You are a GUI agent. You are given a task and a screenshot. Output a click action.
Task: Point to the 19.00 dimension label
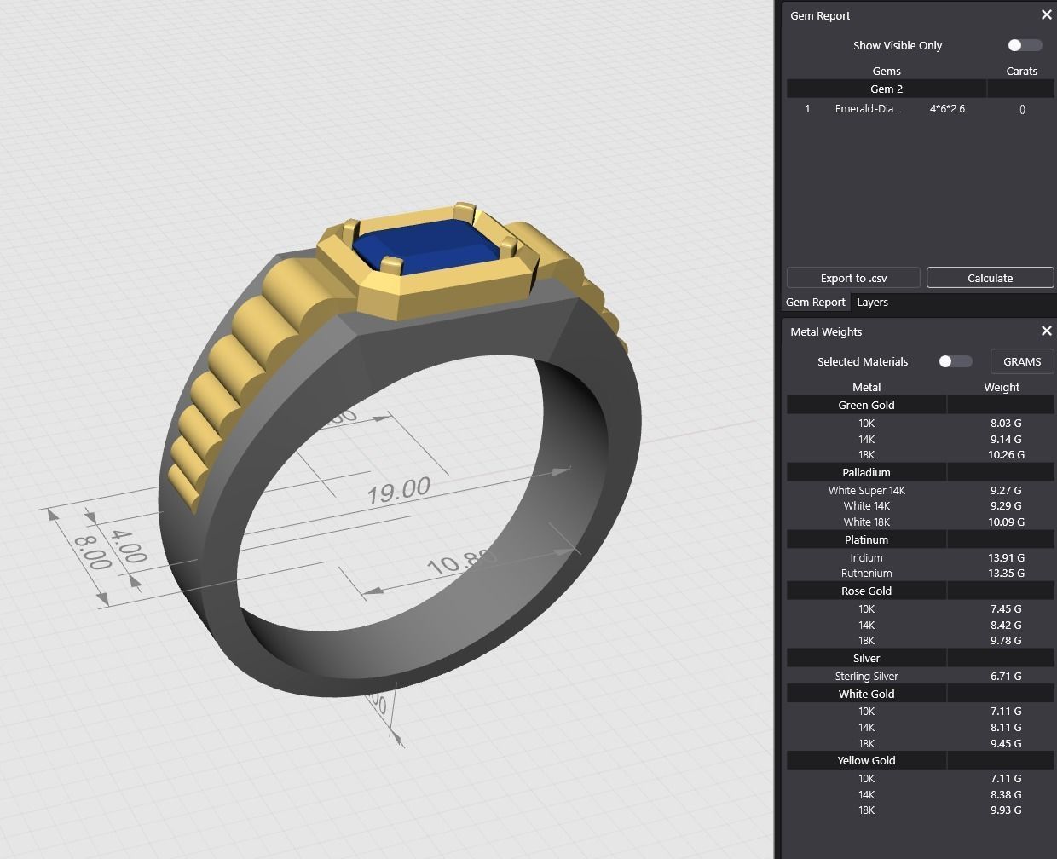[398, 490]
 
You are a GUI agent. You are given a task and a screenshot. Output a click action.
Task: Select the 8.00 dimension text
[91, 552]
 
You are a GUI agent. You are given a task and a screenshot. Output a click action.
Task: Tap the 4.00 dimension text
[128, 547]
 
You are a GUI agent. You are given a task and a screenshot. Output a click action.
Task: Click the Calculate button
[990, 278]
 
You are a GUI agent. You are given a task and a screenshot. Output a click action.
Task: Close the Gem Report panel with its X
[1046, 14]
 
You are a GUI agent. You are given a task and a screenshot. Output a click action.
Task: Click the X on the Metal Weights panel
[1046, 331]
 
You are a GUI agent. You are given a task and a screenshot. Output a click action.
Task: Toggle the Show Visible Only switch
[1024, 45]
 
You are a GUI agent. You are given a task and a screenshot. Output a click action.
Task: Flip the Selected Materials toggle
[955, 361]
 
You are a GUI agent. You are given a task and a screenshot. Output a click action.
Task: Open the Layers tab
[872, 303]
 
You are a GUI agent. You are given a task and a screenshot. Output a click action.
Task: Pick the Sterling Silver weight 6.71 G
[1005, 676]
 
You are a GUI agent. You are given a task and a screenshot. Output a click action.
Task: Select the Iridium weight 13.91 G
[1006, 557]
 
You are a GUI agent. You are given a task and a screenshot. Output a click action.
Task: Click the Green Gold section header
[866, 406]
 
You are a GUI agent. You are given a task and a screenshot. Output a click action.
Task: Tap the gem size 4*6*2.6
[947, 109]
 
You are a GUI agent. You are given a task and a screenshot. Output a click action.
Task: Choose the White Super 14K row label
[866, 490]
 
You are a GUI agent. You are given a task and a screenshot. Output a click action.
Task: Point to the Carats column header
[1021, 72]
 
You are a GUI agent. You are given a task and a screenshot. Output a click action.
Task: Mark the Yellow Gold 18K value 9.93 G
[1005, 810]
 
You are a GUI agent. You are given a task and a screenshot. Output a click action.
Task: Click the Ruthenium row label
[866, 574]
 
